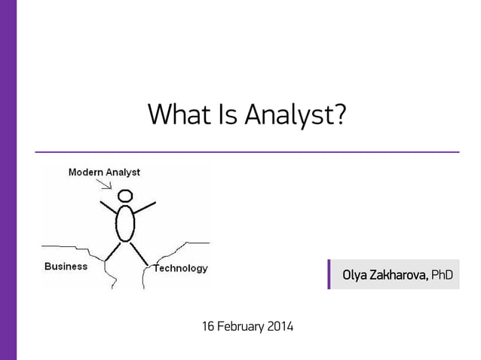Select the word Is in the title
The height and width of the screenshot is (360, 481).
coord(225,114)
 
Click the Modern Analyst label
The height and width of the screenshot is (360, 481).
coord(104,172)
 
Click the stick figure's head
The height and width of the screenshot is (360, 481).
coord(125,195)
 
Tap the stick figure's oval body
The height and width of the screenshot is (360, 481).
coord(125,222)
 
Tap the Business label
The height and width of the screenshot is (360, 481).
coord(66,267)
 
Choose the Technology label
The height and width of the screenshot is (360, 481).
coord(181,268)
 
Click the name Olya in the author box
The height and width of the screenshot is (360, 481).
coord(354,274)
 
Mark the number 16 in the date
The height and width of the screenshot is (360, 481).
coord(208,327)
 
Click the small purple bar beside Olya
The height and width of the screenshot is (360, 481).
coord(329,274)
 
